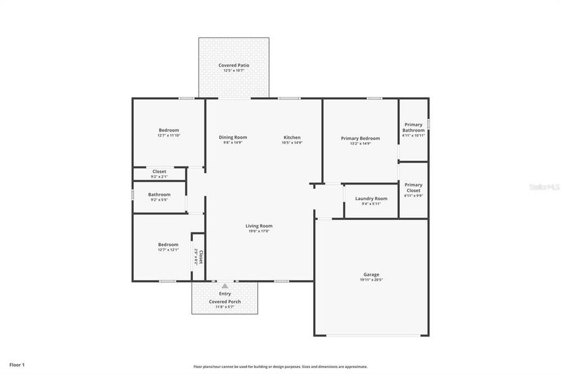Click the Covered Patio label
233,65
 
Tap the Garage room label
371,274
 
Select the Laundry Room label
371,198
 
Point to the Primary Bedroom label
360,138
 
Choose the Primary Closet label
413,187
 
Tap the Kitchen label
292,137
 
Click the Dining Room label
233,137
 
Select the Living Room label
258,226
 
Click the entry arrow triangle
225,286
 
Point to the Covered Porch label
225,302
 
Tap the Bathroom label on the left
159,194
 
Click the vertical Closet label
200,257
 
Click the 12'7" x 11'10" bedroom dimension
169,135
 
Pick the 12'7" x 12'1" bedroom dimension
168,250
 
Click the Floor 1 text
17,364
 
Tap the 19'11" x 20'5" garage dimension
371,280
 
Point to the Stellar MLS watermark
543,186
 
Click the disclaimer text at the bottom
280,367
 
